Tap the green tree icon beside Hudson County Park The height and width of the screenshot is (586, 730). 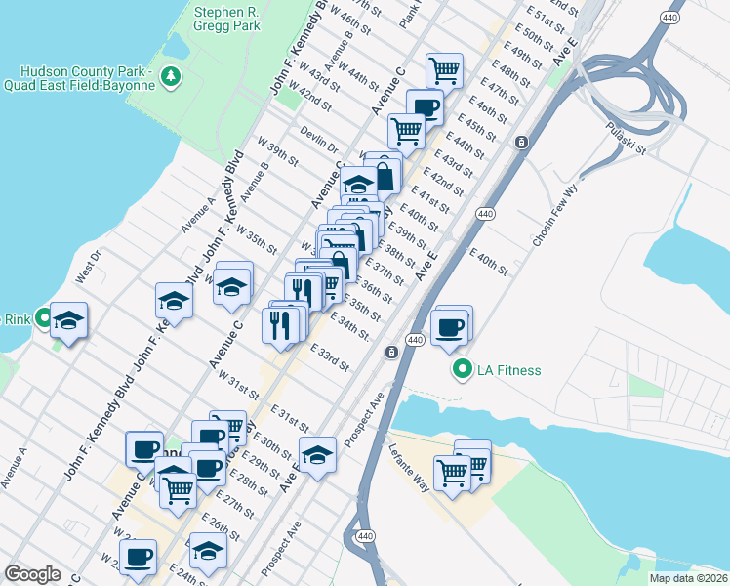pyautogui.click(x=171, y=75)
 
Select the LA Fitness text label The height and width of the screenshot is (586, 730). pyautogui.click(x=508, y=370)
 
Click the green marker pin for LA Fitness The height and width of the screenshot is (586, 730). pyautogui.click(x=462, y=369)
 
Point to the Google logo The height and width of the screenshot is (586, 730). pyautogui.click(x=33, y=574)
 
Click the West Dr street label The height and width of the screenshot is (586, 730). pyautogui.click(x=88, y=264)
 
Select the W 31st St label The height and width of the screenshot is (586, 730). pyautogui.click(x=239, y=385)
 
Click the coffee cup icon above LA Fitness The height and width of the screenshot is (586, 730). pyautogui.click(x=449, y=328)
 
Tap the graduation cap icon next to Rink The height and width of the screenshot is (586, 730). pyautogui.click(x=69, y=320)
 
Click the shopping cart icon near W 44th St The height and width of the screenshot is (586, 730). pyautogui.click(x=444, y=69)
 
